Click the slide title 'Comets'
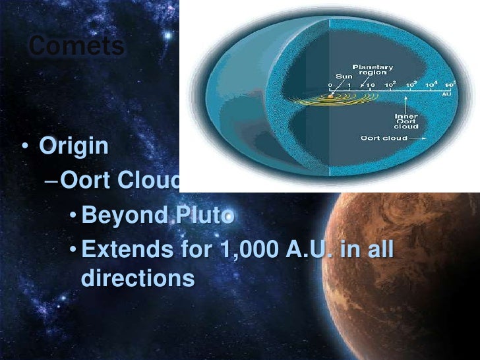[76, 46]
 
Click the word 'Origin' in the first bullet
[73, 146]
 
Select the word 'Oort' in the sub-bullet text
[83, 180]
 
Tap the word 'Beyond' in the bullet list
[126, 215]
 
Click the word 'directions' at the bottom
[138, 278]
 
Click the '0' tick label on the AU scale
[330, 86]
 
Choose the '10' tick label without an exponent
[371, 86]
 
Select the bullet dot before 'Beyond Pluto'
[73, 216]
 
